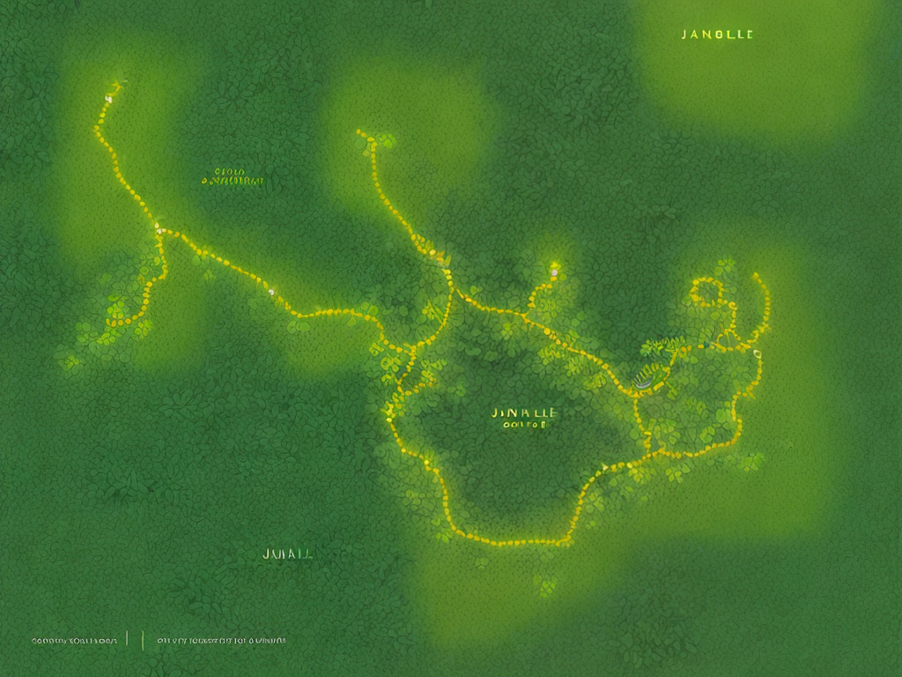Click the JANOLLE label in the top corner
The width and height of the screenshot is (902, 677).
coord(717,34)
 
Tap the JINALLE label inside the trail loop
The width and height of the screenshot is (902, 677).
coord(525,412)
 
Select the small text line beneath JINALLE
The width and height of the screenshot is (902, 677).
coord(525,424)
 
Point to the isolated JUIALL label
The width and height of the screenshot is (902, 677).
coord(288,554)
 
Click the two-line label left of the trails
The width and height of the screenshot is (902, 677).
coord(232,177)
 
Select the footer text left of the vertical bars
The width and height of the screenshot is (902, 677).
coord(74,641)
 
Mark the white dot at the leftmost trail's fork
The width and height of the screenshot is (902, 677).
coord(159,228)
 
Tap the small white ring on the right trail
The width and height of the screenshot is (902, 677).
coord(757,354)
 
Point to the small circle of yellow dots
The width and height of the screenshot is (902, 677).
coord(705,292)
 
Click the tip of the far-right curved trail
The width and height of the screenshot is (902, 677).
coord(755,276)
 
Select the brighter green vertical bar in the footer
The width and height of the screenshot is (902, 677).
coord(143,640)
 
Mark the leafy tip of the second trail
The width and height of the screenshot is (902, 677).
coord(385,139)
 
